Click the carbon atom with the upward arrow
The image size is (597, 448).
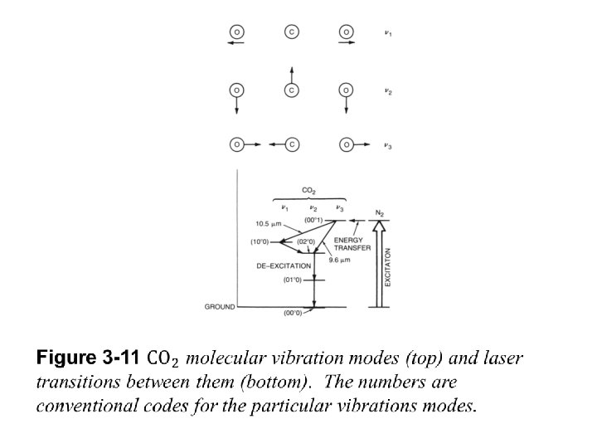click(x=291, y=89)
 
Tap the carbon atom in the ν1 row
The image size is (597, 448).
click(x=291, y=32)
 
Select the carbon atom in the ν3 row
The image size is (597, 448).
click(x=291, y=144)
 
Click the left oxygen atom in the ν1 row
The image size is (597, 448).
click(x=236, y=32)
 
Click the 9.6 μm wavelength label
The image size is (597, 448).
click(x=340, y=260)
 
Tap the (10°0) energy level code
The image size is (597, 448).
click(x=260, y=242)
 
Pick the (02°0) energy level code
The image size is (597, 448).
click(x=307, y=242)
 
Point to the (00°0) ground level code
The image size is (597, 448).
click(x=294, y=313)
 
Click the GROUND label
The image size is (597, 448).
click(x=220, y=307)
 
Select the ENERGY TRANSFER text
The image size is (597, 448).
click(x=352, y=244)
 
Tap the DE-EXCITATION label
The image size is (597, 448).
click(x=284, y=266)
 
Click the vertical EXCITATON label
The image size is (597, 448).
click(x=387, y=267)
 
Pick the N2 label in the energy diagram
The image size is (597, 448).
click(x=381, y=212)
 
